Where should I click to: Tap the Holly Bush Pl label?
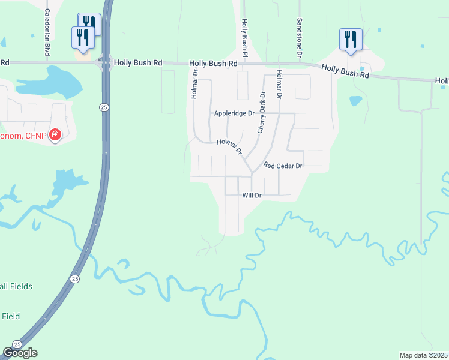click(x=244, y=38)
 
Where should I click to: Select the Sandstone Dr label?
click(x=299, y=38)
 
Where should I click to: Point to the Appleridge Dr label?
click(x=235, y=113)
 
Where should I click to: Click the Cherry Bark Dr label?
click(x=261, y=112)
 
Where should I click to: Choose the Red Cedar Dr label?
click(x=282, y=165)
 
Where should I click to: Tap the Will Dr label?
click(x=252, y=196)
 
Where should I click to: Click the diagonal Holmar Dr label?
click(x=229, y=146)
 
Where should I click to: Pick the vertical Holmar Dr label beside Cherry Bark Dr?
click(x=279, y=85)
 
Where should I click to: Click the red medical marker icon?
click(x=55, y=135)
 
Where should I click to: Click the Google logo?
click(x=20, y=353)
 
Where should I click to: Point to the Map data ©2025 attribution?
click(x=424, y=355)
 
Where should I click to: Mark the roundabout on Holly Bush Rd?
click(x=106, y=62)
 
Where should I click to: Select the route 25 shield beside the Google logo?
click(x=16, y=344)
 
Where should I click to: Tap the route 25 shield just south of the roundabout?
click(x=103, y=106)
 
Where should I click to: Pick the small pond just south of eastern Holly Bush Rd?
click(x=355, y=100)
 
